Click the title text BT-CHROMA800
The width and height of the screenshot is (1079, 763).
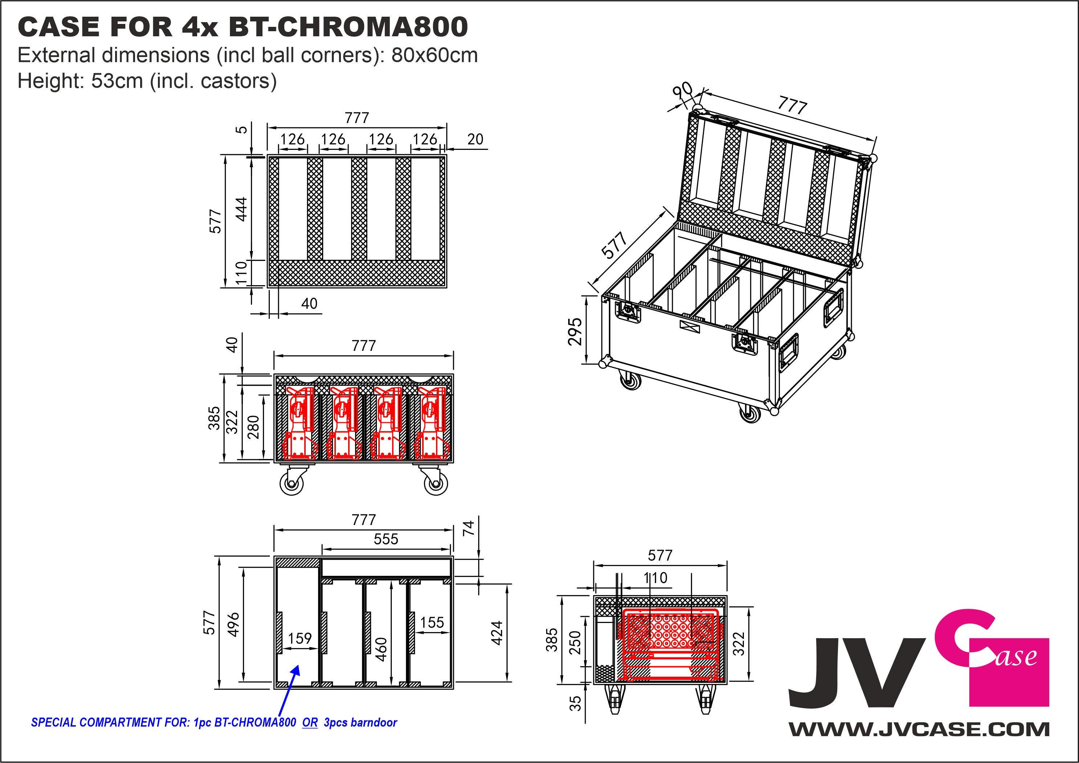[x=348, y=27]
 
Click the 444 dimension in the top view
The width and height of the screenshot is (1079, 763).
[x=241, y=209]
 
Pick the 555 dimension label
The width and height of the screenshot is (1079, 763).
[x=386, y=539]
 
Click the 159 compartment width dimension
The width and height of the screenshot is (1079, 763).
[x=300, y=638]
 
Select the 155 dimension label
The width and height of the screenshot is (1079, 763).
[x=432, y=623]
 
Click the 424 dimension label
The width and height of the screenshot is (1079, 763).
[x=497, y=633]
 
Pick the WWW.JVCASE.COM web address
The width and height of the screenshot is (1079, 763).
[x=919, y=730]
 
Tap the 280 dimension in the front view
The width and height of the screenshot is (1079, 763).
[x=253, y=427]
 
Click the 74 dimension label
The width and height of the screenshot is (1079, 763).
[x=469, y=529]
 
